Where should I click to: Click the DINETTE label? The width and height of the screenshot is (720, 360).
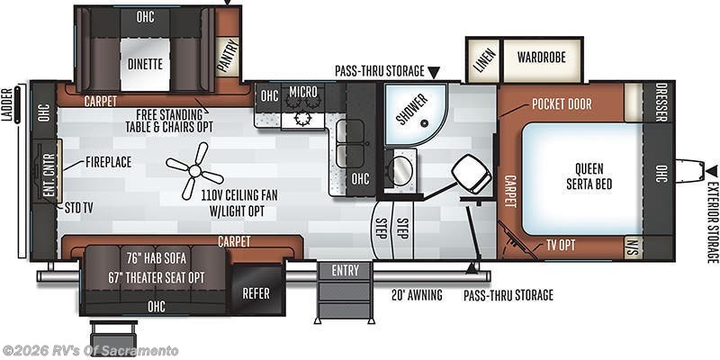click(144, 64)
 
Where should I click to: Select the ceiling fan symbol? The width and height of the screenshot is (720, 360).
click(193, 171)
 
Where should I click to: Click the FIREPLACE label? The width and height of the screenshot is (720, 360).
click(109, 163)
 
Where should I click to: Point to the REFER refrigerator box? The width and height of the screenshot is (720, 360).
click(256, 292)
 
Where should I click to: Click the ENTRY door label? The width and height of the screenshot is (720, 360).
click(345, 271)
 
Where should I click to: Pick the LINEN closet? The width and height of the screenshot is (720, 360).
click(483, 59)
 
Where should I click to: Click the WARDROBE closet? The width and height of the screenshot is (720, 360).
click(541, 58)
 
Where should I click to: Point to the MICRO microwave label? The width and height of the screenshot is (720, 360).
click(302, 92)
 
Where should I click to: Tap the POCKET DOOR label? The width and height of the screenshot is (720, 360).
click(561, 104)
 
